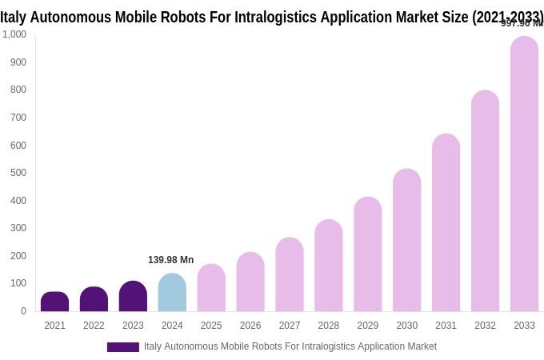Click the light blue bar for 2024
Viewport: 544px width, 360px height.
[x=172, y=293]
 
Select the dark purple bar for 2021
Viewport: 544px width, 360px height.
[x=54, y=302]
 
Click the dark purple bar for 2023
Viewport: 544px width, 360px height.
[x=133, y=297]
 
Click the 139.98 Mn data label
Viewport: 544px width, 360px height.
[x=170, y=260]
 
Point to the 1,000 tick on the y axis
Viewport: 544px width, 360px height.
[x=14, y=34]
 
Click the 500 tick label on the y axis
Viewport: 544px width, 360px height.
[x=18, y=173]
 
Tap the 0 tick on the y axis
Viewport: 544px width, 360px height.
[x=23, y=311]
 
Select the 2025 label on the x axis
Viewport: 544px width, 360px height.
[x=211, y=326]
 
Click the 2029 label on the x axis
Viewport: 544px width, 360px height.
[x=367, y=326]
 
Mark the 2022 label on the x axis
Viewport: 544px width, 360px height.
[x=94, y=326]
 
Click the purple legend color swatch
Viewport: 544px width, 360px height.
[x=122, y=347]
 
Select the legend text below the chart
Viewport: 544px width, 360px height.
[x=290, y=346]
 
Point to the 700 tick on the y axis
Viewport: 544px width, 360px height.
[x=18, y=118]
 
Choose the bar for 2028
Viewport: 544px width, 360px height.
[x=328, y=266]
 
